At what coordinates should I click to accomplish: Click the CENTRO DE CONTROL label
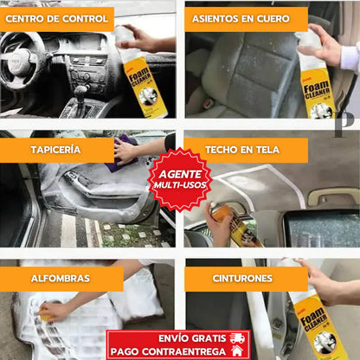(x=57, y=19)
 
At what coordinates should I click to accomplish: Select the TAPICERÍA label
(x=57, y=150)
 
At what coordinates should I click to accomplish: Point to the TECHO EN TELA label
(x=246, y=150)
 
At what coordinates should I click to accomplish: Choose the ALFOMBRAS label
(x=61, y=279)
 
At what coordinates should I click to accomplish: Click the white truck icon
(x=235, y=337)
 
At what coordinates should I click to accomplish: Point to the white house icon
(x=236, y=351)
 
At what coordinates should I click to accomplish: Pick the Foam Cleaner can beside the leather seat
(x=317, y=82)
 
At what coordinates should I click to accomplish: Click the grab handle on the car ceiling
(x=333, y=196)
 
